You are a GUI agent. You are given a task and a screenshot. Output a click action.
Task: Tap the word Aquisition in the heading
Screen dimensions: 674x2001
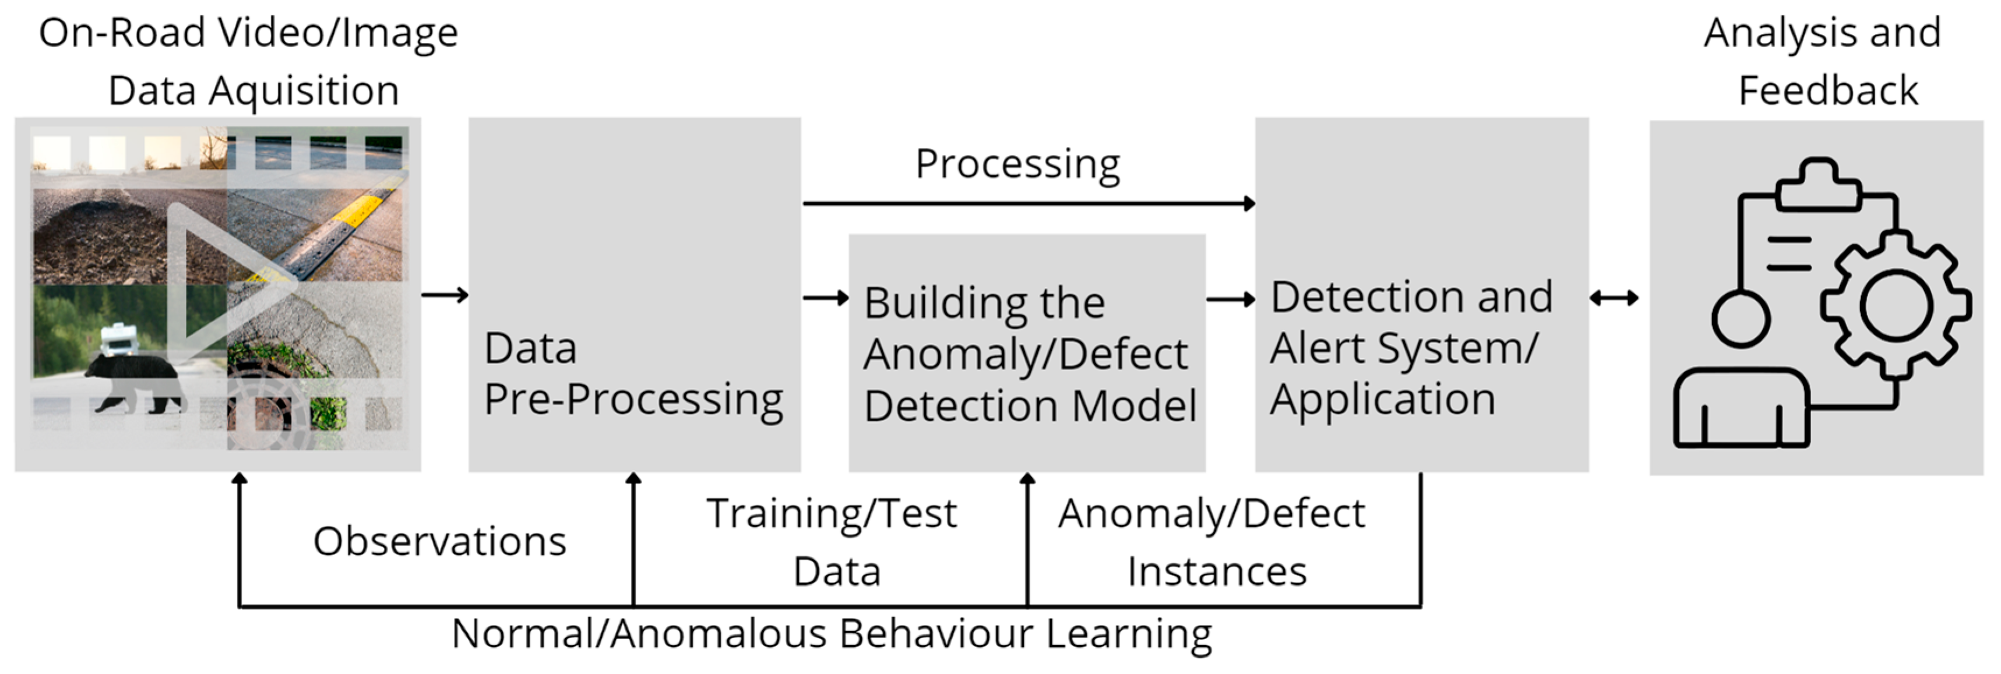tap(304, 91)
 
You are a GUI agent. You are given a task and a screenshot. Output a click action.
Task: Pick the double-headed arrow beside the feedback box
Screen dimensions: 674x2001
tap(1614, 298)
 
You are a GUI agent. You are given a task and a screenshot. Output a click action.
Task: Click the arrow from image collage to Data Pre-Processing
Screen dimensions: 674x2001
tap(445, 295)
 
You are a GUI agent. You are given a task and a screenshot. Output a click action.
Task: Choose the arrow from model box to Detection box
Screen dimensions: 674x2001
tap(1231, 299)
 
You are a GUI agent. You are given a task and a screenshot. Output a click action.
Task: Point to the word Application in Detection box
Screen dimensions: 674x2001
tap(1383, 400)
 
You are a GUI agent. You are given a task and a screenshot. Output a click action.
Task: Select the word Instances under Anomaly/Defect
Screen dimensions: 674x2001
tap(1217, 572)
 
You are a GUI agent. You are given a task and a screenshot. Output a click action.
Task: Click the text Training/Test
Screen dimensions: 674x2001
tap(831, 514)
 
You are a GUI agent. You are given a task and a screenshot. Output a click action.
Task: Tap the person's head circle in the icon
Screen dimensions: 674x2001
tap(1741, 319)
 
